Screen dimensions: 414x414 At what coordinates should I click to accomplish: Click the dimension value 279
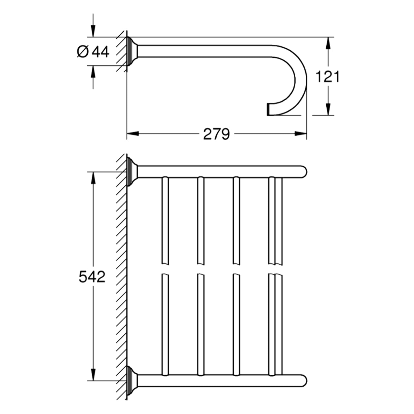[x=216, y=134]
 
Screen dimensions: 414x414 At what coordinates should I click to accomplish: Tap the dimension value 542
[x=92, y=276]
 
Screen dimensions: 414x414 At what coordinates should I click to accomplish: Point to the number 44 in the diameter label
[x=100, y=52]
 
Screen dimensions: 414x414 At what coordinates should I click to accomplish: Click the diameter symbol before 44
[x=83, y=52]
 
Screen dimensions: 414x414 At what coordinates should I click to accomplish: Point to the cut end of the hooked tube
[x=268, y=109]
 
